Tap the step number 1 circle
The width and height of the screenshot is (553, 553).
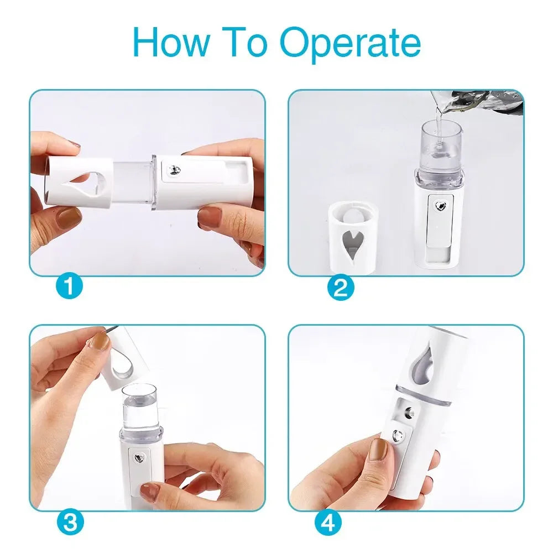69,286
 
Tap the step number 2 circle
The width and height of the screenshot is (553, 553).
341,288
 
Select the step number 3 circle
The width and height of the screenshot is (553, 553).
70,522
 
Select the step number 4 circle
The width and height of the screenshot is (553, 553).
328,522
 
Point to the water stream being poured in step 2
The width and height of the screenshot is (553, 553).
439,122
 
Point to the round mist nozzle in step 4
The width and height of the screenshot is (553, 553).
410,413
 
